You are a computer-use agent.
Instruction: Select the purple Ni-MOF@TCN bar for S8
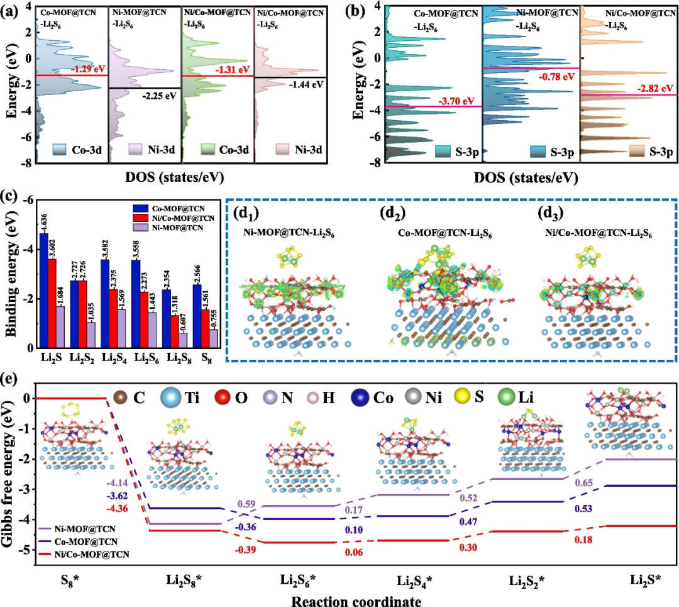pos(214,338)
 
